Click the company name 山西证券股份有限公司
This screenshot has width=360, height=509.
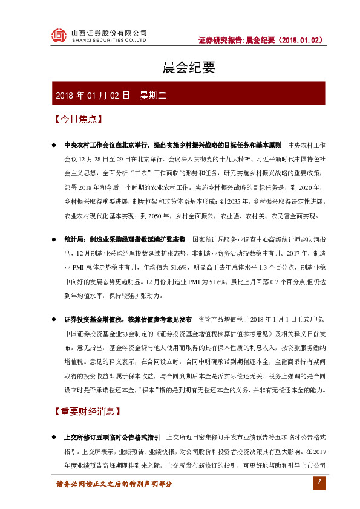tap(109, 32)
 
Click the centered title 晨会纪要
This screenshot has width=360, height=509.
tap(180, 67)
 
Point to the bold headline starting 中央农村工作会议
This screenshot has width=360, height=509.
tap(172, 146)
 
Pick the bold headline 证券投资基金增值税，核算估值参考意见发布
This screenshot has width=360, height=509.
tap(127, 319)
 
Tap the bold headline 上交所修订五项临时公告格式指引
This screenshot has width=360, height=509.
tap(111, 436)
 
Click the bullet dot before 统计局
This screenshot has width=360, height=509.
tap(54, 239)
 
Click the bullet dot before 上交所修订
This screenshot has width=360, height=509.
tap(54, 436)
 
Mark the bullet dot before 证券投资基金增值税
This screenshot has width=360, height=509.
tap(54, 319)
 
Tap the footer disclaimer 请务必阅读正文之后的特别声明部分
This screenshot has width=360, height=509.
tap(114, 484)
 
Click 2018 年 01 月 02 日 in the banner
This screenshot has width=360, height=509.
tap(93, 95)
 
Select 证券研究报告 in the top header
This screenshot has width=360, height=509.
tap(221, 41)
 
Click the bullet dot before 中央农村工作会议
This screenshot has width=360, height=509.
tap(54, 146)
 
